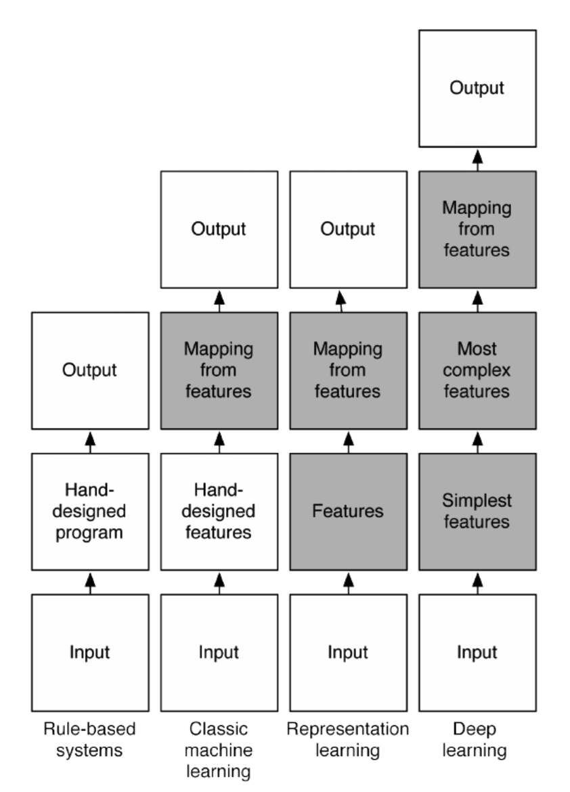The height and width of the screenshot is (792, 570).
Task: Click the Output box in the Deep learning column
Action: (x=477, y=88)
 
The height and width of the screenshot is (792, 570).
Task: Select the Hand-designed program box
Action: (x=90, y=512)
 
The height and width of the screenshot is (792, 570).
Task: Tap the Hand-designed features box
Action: (x=219, y=512)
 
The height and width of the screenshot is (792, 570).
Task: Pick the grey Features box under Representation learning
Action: (x=349, y=512)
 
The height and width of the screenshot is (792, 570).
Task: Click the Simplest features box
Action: (x=477, y=512)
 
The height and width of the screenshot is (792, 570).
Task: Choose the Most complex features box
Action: (x=477, y=370)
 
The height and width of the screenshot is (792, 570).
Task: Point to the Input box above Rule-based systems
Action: (x=90, y=653)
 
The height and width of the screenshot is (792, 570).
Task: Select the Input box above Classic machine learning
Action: (x=219, y=653)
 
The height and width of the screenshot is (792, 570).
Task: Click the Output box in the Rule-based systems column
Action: (x=90, y=370)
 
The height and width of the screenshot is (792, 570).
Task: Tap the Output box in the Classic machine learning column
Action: (x=219, y=229)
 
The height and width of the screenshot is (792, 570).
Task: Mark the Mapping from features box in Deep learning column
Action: (x=477, y=229)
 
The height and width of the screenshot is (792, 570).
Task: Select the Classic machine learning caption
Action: (x=219, y=750)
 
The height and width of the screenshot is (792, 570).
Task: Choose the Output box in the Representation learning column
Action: (x=349, y=229)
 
